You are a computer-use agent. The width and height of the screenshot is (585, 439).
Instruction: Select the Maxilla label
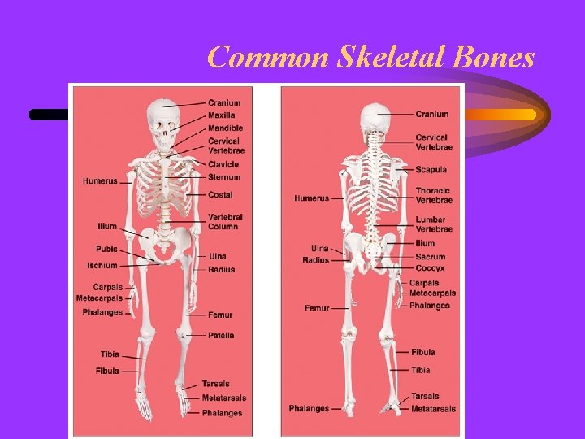coord(221,115)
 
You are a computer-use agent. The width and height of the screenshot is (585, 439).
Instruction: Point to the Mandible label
coord(225,128)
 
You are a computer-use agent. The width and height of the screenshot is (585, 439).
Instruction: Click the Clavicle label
coord(223,164)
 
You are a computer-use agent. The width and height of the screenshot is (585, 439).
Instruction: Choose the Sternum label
coord(224,177)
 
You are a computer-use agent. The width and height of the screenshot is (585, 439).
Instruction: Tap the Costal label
coord(220,195)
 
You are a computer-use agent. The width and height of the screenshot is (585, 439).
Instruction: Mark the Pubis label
coord(106,249)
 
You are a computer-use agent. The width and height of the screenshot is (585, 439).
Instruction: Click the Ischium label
coord(102,266)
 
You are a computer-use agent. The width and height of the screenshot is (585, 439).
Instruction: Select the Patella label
coord(221,335)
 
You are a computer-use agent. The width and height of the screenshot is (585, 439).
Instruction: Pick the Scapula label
coord(431,169)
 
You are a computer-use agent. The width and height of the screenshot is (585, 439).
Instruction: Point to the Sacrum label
coord(430,257)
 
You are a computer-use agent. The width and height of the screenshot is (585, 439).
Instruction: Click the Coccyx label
coord(430,268)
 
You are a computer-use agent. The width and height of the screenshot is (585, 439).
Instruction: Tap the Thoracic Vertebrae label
coord(434,195)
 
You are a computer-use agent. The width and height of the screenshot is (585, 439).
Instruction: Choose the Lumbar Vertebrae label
coord(434,224)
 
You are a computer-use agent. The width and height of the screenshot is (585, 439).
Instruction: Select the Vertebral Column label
coord(225,222)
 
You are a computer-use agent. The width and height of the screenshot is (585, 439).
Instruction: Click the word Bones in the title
coord(498,58)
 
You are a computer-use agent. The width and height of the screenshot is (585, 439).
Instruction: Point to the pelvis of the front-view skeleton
coord(166,244)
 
